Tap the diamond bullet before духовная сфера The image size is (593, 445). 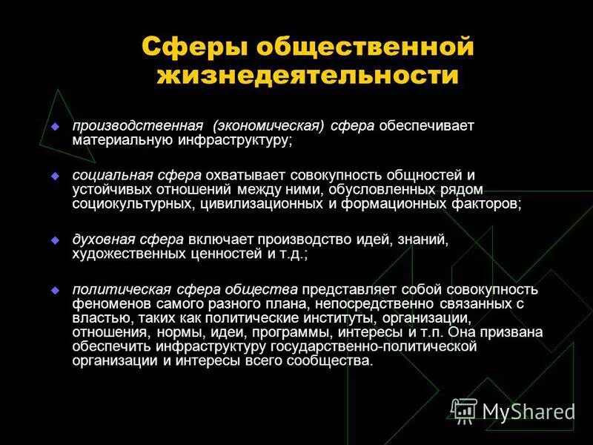point(54,240)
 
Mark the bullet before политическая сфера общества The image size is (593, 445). point(54,289)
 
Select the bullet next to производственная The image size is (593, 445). point(54,127)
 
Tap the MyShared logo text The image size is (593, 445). point(528,412)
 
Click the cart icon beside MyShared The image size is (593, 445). point(465,410)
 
